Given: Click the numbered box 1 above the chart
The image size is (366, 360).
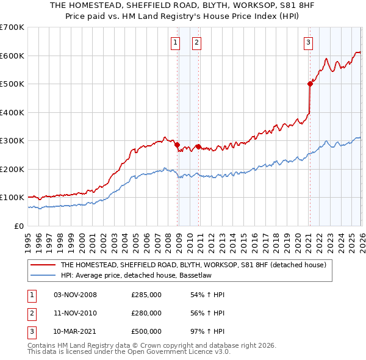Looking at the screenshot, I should [x=175, y=42].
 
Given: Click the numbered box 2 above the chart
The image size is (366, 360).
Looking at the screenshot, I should [x=197, y=42].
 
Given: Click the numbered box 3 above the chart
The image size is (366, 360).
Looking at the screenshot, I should [x=309, y=42].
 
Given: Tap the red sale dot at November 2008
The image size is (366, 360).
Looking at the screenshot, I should [x=178, y=145].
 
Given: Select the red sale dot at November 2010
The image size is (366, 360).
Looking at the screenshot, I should [x=199, y=146].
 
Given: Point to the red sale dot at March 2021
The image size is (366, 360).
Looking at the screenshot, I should [x=310, y=84].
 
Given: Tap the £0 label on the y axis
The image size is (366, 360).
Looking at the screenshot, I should [x=18, y=226].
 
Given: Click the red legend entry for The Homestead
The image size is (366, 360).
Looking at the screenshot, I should [x=193, y=265].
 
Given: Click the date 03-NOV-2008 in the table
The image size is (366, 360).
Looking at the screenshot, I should [x=75, y=295].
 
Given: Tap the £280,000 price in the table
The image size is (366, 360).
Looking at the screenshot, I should [x=146, y=313].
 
